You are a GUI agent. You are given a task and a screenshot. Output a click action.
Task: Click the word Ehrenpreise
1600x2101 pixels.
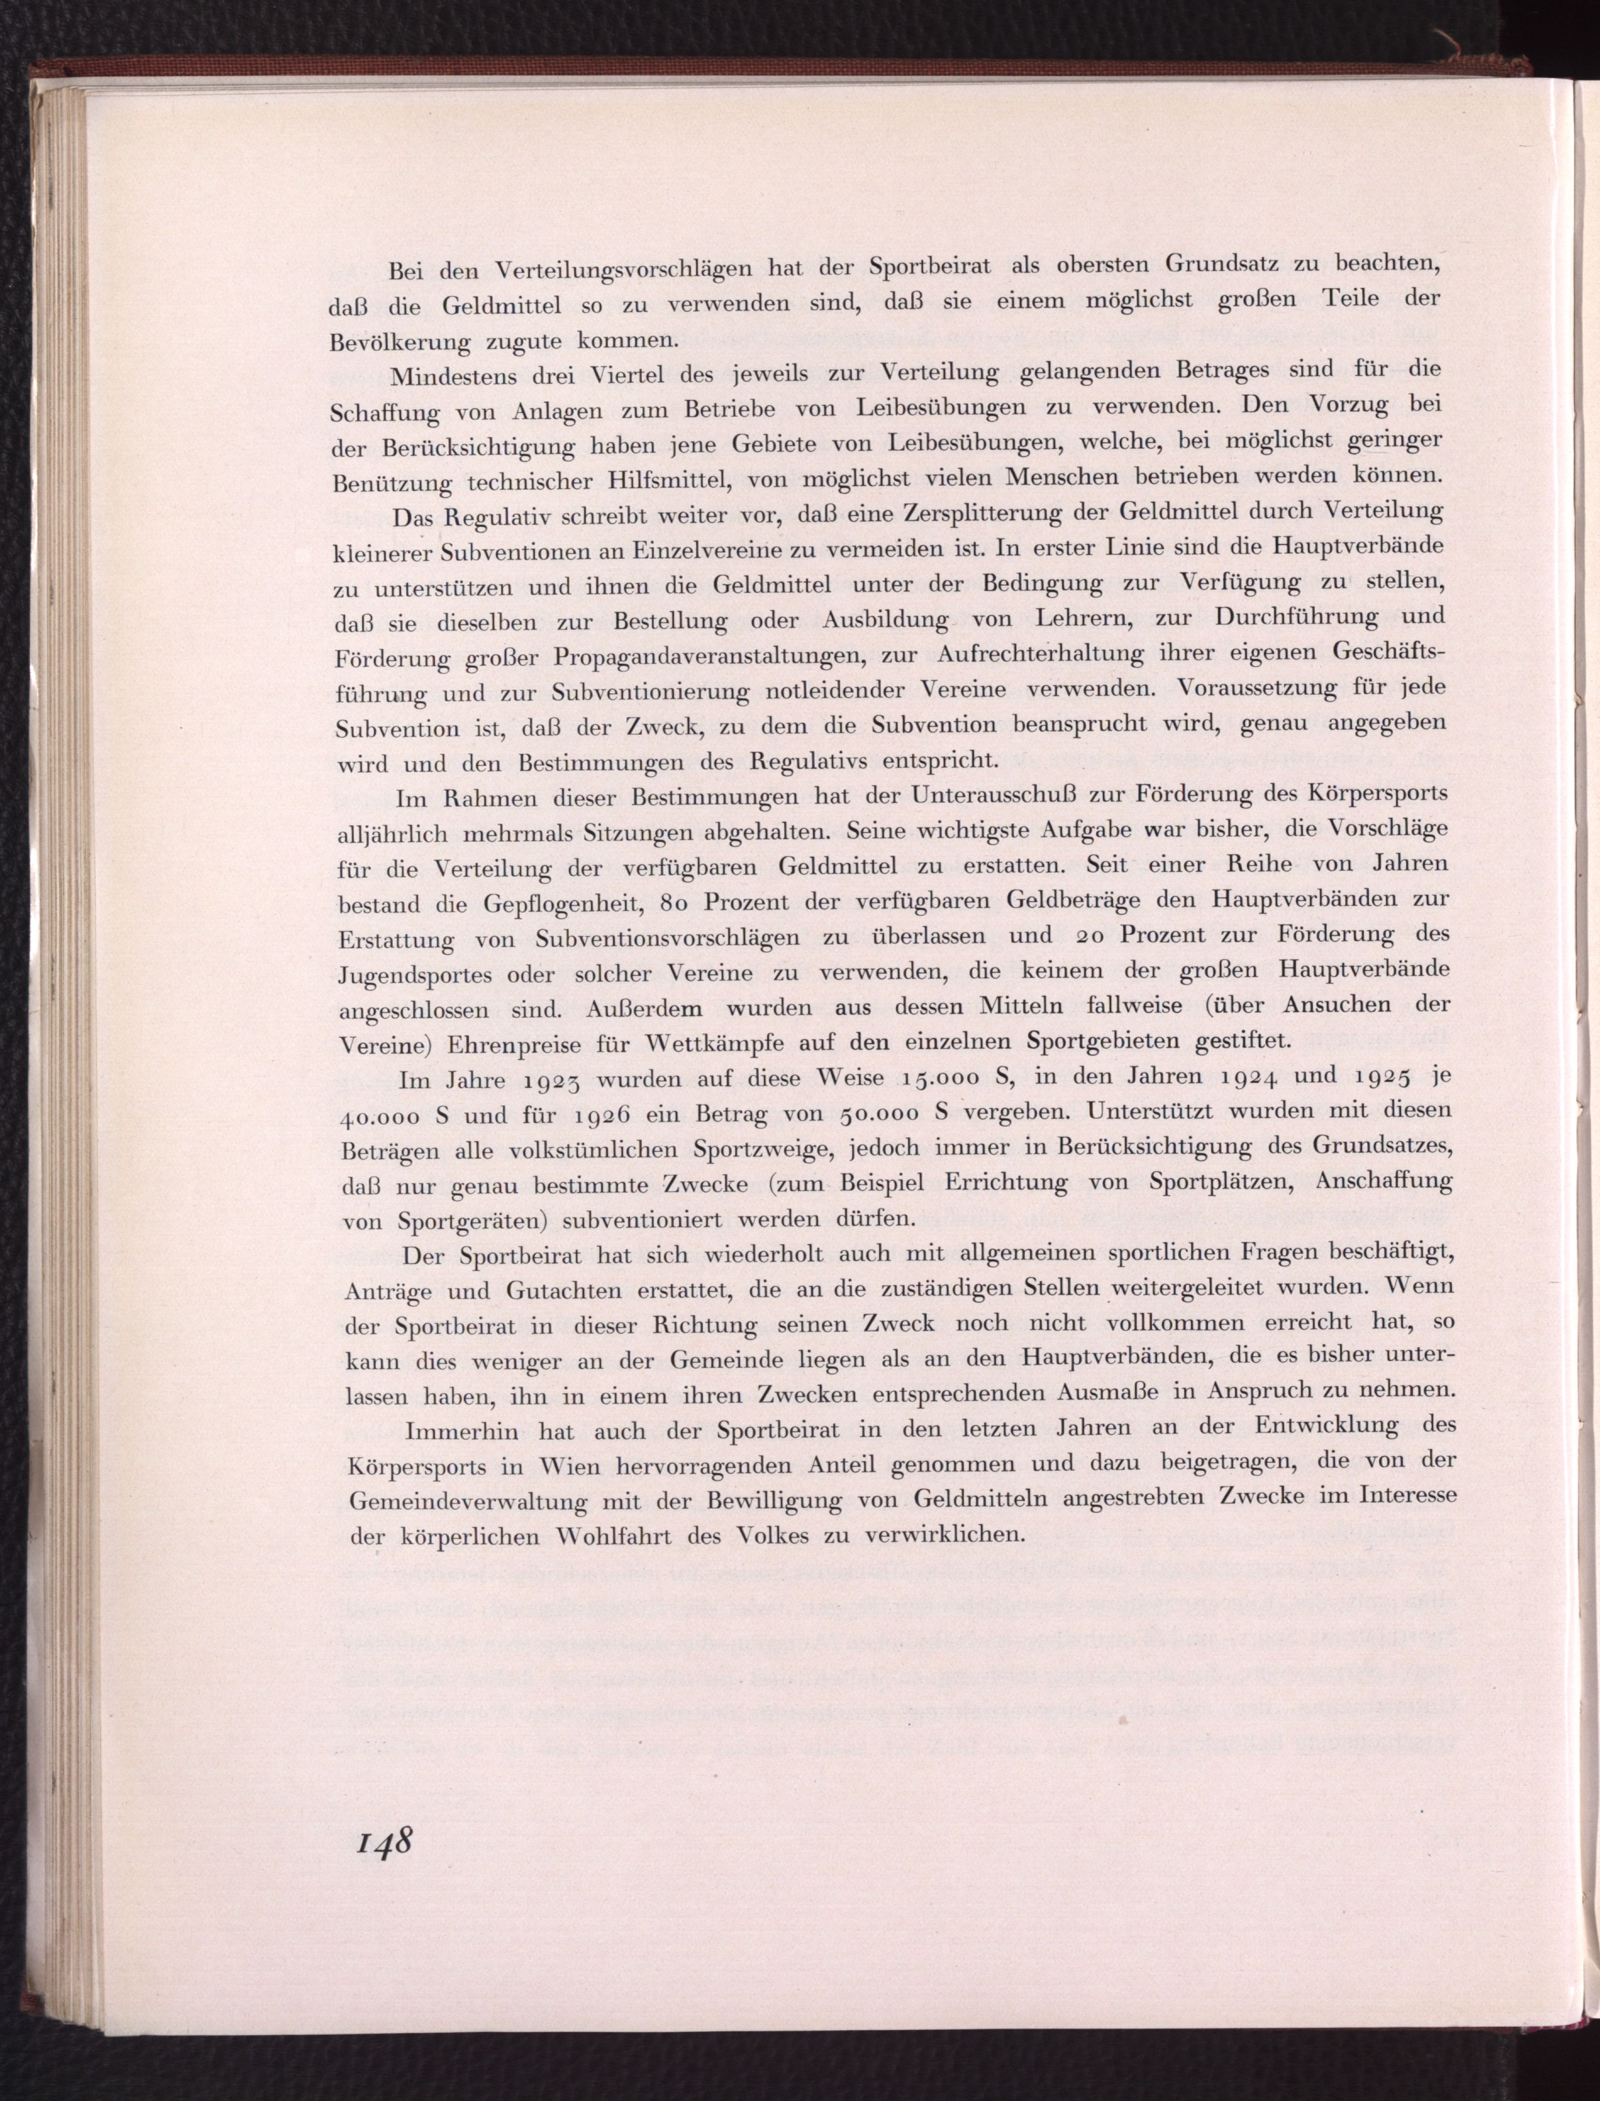[518, 1043]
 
